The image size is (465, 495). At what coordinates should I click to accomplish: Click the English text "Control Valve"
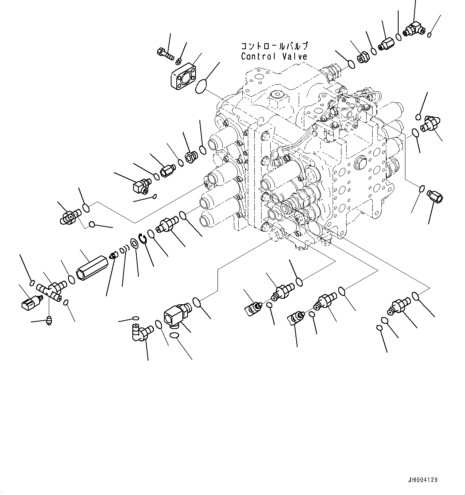point(274,56)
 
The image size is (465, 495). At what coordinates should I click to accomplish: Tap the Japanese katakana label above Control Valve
point(274,46)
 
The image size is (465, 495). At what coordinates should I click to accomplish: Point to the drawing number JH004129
point(423,479)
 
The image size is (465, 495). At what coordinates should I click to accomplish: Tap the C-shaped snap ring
point(142,238)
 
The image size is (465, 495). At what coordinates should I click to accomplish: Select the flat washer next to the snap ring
point(135,243)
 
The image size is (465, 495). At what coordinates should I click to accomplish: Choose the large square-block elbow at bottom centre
point(176,314)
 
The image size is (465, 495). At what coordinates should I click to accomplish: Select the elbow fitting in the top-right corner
point(413,29)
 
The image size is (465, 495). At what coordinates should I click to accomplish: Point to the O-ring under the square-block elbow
point(175,337)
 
